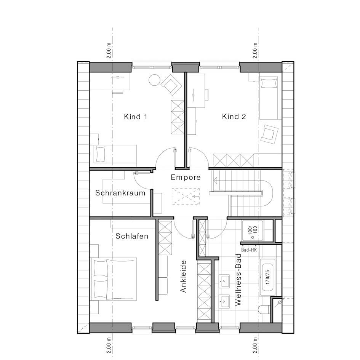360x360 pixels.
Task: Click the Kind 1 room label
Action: point(136,117)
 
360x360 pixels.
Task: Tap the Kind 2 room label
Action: point(234,117)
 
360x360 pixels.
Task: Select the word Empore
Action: point(186,177)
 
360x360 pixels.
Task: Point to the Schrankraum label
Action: point(120,193)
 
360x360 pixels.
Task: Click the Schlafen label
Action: point(132,236)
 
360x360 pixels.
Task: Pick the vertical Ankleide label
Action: point(183,276)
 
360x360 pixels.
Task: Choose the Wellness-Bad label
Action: point(239,280)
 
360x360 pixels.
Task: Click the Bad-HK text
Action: point(249,250)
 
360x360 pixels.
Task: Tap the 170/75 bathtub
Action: point(267,277)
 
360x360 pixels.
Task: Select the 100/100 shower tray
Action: point(253,231)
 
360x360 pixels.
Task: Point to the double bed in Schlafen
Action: point(114,279)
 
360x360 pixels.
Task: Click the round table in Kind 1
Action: point(155,80)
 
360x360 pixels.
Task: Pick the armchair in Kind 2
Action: point(270,134)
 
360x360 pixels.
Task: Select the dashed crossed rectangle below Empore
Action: point(186,196)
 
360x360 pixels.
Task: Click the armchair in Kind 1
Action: point(171,85)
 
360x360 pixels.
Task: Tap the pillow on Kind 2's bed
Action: point(269,83)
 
